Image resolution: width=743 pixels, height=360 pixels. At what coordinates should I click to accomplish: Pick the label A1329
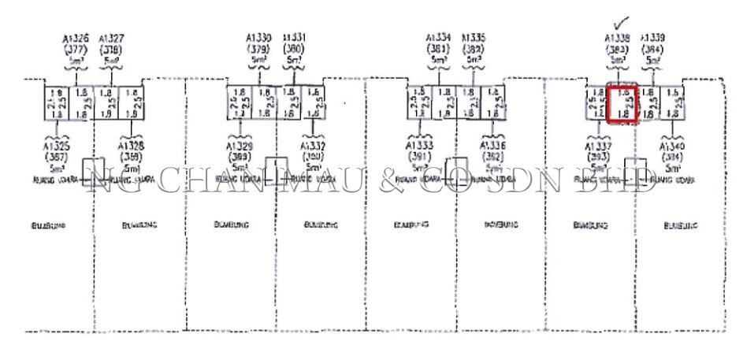[240, 147]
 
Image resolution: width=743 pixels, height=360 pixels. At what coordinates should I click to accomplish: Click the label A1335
[473, 37]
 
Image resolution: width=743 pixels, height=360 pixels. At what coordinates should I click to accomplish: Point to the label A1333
[418, 147]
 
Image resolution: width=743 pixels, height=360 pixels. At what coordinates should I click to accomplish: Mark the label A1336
[494, 147]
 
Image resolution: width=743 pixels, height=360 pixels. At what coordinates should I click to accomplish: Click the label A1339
[654, 37]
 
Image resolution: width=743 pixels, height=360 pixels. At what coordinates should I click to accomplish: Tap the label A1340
[673, 147]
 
